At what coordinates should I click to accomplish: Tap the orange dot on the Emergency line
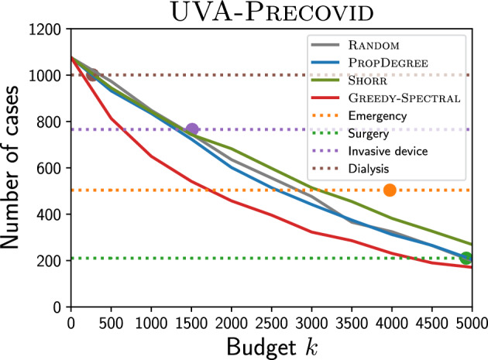tap(390, 190)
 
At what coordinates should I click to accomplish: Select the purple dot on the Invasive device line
tap(192, 129)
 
